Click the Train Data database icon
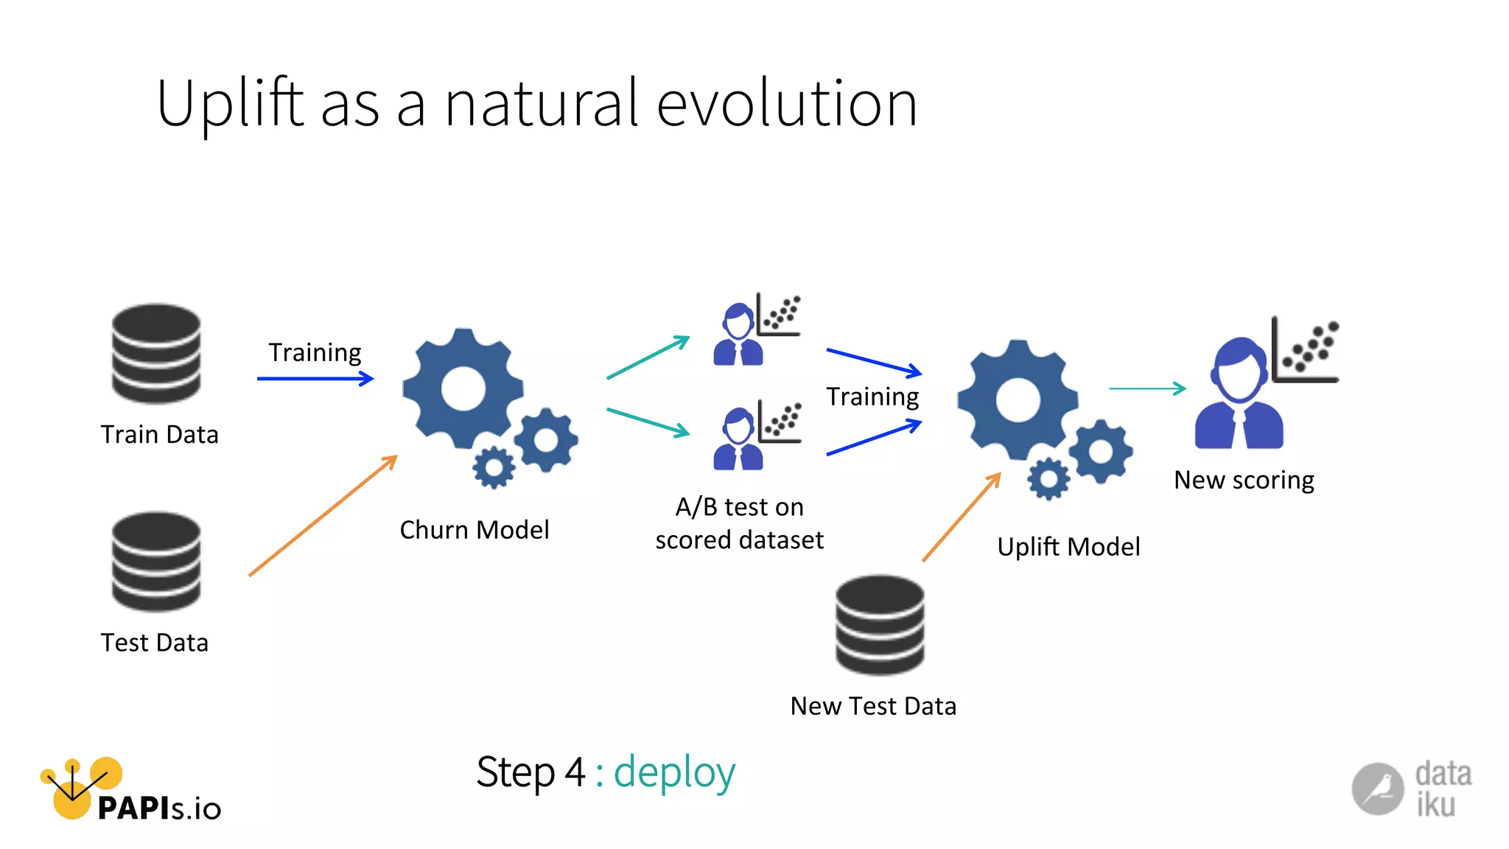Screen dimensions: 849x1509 [155, 354]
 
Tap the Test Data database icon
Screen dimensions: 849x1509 [155, 562]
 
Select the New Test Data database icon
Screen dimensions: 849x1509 [880, 625]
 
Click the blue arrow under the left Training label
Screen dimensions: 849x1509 [315, 379]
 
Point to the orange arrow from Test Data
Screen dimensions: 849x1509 [323, 516]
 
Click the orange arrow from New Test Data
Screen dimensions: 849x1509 [962, 517]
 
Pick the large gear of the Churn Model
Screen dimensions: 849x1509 [463, 388]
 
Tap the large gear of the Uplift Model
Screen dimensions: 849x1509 [1018, 399]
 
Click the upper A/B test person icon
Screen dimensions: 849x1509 [738, 335]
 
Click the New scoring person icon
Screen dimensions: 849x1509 [1239, 395]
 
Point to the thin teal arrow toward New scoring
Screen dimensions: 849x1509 [1147, 388]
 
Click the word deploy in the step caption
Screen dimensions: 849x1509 [674, 773]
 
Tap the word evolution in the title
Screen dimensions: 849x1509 [786, 104]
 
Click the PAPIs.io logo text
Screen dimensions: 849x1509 [158, 808]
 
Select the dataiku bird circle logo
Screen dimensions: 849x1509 [1377, 789]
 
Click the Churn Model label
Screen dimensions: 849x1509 [474, 530]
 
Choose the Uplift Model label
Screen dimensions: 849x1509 [1068, 547]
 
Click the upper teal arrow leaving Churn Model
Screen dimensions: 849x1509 [648, 357]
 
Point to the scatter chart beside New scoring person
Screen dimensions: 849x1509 [1306, 350]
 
